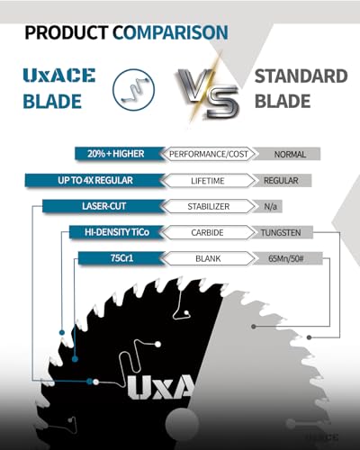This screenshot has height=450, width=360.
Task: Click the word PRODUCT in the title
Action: click(x=67, y=32)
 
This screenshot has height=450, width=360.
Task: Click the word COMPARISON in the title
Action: click(x=170, y=32)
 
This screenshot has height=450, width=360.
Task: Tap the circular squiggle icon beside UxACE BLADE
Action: click(x=133, y=89)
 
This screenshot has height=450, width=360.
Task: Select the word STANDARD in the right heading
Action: click(x=301, y=76)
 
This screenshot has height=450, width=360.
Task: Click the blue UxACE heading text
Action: click(x=59, y=76)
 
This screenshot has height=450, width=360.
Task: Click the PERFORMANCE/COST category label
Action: click(x=209, y=154)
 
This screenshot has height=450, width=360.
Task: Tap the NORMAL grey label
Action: click(x=290, y=154)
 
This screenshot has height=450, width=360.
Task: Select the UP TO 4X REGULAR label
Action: click(x=94, y=180)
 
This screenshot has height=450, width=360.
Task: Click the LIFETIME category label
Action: click(x=208, y=181)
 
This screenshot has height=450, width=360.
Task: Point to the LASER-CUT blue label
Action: click(x=103, y=206)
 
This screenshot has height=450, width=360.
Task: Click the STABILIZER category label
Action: click(x=209, y=206)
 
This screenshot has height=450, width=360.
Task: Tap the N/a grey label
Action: click(x=270, y=206)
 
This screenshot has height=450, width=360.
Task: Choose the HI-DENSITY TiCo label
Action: click(x=117, y=232)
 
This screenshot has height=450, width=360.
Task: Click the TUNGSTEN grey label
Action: click(x=281, y=232)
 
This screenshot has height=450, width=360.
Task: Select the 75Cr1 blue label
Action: click(x=121, y=258)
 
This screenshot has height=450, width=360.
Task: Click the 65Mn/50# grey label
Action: click(x=286, y=258)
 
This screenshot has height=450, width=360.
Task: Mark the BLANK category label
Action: click(x=208, y=258)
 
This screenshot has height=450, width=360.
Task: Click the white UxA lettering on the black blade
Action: click(x=160, y=387)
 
